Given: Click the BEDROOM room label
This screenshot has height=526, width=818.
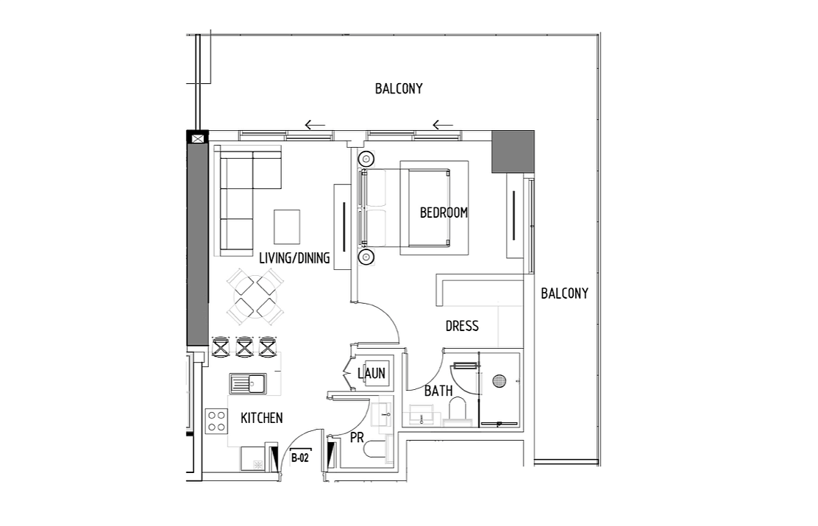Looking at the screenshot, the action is tap(444, 213).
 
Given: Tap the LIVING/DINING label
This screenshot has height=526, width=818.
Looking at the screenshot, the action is tap(294, 257).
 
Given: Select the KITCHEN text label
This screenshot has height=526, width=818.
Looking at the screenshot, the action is tap(262, 418).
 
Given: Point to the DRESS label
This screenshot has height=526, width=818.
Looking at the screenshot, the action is tap(462, 326).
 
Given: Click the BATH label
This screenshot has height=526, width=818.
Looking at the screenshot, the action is tap(438, 391).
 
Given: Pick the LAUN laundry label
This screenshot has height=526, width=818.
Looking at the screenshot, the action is tap(371, 373).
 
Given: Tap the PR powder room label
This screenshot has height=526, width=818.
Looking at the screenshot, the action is tap(357, 438).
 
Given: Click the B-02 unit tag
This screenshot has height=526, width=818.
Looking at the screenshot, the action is tap(300, 458).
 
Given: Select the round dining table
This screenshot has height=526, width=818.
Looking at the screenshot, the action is tap(255, 296).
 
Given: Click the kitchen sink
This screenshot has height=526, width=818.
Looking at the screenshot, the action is tap(248, 384).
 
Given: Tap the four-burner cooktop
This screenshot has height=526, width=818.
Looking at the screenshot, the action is tap(216, 421).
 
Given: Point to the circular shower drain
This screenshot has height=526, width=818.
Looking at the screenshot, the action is tap(499, 381).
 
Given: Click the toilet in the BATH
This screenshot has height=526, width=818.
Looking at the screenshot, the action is tap(459, 411).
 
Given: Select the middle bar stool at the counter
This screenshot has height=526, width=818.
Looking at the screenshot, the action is tap(244, 347).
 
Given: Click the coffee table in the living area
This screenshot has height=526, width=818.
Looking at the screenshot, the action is tap(287, 227).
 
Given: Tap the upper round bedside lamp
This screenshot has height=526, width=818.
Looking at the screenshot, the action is tap(366, 158).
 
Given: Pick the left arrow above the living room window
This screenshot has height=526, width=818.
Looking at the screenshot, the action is tap(315, 125).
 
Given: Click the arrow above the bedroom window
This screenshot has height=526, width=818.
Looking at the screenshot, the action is tap(443, 125).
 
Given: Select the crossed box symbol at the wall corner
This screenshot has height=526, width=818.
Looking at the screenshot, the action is tap(198, 139).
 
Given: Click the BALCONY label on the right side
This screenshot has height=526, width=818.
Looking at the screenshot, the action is tap(564, 294).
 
